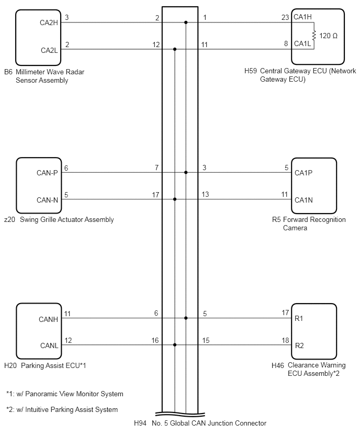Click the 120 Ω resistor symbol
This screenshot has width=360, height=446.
tap(314, 36)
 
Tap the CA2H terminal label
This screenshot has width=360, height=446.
tap(49, 23)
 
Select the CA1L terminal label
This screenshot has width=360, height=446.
tap(302, 43)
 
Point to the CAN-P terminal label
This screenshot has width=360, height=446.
tap(47, 173)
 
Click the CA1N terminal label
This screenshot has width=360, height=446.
tap(303, 200)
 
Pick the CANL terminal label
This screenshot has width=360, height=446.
tap(49, 345)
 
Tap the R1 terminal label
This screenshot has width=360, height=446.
tap(299, 319)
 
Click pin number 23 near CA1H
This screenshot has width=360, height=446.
tap(285, 17)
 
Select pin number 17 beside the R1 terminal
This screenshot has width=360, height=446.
tap(286, 313)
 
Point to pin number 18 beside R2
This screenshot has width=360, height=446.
tap(286, 340)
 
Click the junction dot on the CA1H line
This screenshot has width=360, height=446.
tap(186, 22)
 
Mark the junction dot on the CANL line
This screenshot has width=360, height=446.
tap(175, 345)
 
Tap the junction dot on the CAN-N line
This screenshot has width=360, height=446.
tap(175, 199)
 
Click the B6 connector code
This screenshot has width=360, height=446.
tap(8, 72)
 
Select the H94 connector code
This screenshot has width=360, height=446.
tap(140, 423)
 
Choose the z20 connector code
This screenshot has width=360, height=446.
tap(9, 219)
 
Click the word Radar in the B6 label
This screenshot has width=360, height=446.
tap(75, 72)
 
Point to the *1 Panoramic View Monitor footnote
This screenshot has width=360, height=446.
tap(65, 394)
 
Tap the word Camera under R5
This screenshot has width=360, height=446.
tap(295, 228)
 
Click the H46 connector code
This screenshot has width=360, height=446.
tap(278, 365)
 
